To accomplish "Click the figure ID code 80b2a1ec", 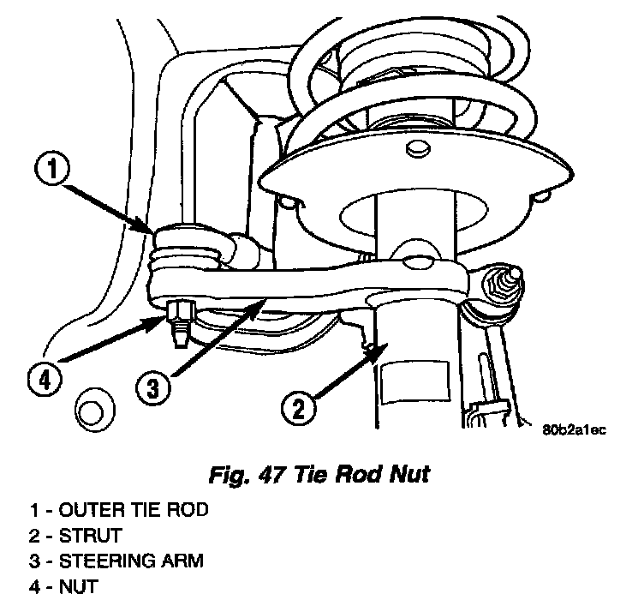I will pyautogui.click(x=573, y=431).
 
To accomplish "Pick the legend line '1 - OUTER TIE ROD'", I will pyautogui.click(x=118, y=510).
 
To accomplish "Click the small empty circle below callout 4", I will pyautogui.click(x=88, y=411).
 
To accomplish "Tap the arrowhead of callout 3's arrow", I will pyautogui.click(x=262, y=302).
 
